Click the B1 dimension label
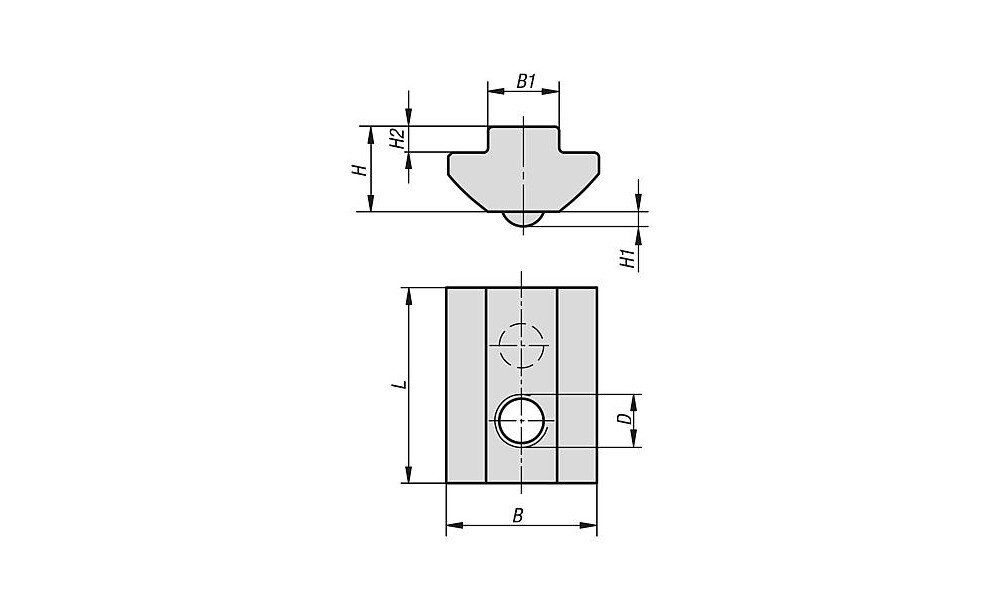[x=526, y=81]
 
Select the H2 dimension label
[x=397, y=138]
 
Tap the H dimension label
[x=360, y=170]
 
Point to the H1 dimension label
[x=629, y=258]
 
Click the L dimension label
[x=399, y=385]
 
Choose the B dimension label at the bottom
[x=518, y=515]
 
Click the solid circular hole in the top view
[x=522, y=420]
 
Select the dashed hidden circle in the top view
[x=522, y=345]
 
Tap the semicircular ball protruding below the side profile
[x=522, y=219]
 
